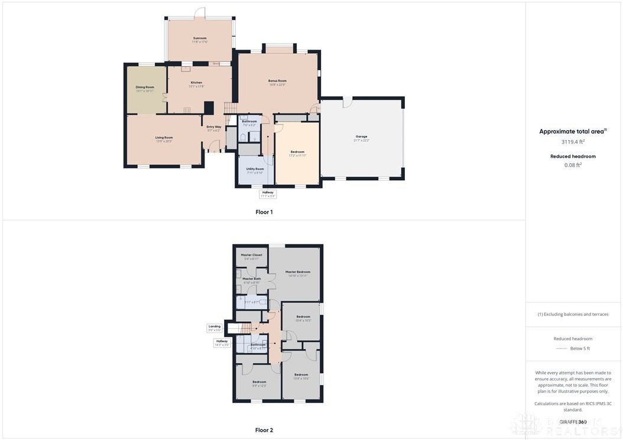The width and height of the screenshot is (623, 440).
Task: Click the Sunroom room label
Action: coord(200,40)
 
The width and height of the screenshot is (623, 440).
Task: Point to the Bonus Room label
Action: coord(277,82)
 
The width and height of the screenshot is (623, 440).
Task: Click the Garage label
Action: coord(361,138)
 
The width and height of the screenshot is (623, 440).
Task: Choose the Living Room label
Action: coord(164,139)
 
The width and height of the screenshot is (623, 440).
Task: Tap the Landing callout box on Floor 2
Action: coord(214,328)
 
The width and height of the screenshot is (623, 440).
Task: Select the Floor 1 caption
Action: coord(264,211)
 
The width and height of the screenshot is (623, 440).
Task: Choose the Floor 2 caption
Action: coord(264,430)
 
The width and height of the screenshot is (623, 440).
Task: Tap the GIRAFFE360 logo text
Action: coord(573,422)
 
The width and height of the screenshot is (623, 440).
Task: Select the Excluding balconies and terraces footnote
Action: coord(573,314)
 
